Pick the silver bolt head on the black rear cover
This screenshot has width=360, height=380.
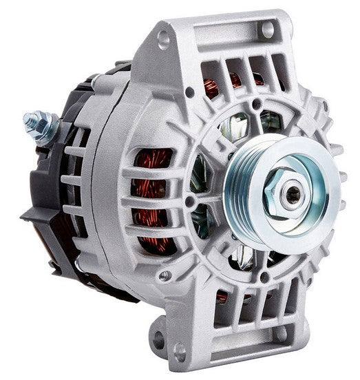pyautogui.click(x=81, y=264)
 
